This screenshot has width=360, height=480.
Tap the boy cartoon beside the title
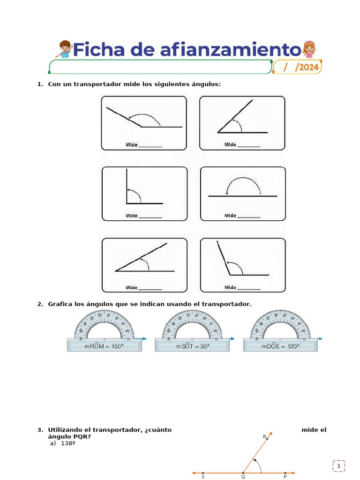[64, 49]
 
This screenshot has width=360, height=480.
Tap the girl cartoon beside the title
[308, 49]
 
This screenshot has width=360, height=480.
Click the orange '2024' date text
[309, 67]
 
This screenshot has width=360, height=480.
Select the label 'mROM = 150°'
[104, 346]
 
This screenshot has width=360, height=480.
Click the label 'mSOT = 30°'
[193, 346]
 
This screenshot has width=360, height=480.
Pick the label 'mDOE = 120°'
[281, 346]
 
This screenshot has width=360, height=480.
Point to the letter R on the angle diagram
[264, 436]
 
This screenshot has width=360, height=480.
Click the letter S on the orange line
[203, 477]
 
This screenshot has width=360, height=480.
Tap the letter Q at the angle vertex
[243, 477]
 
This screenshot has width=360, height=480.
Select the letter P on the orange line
[285, 477]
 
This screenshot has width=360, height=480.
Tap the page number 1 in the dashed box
[339, 466]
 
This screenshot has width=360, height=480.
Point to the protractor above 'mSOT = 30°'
[193, 326]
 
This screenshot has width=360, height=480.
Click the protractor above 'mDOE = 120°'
[281, 326]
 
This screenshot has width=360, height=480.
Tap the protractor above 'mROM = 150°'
[104, 326]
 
